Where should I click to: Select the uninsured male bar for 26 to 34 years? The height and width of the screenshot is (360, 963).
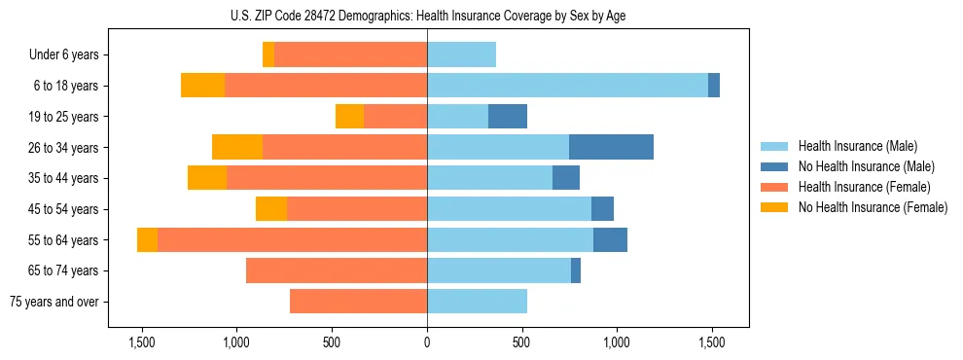pos(611,147)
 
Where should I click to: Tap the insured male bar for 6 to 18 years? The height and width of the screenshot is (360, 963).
pos(567,86)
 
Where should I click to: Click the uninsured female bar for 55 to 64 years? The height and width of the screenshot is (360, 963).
pos(147,239)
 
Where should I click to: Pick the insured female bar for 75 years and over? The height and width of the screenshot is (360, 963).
pos(358,302)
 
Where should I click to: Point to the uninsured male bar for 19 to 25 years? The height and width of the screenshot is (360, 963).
pos(508,117)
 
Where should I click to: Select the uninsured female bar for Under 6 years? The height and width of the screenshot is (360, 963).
pos(268,54)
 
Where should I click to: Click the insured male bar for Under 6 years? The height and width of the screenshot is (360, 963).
pos(461,54)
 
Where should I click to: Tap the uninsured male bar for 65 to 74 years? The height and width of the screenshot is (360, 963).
pos(576,270)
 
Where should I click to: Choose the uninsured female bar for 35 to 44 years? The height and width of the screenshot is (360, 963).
pos(207,178)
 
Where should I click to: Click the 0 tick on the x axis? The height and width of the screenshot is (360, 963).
pos(427,343)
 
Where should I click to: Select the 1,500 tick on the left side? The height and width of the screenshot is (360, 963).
pos(142,343)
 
